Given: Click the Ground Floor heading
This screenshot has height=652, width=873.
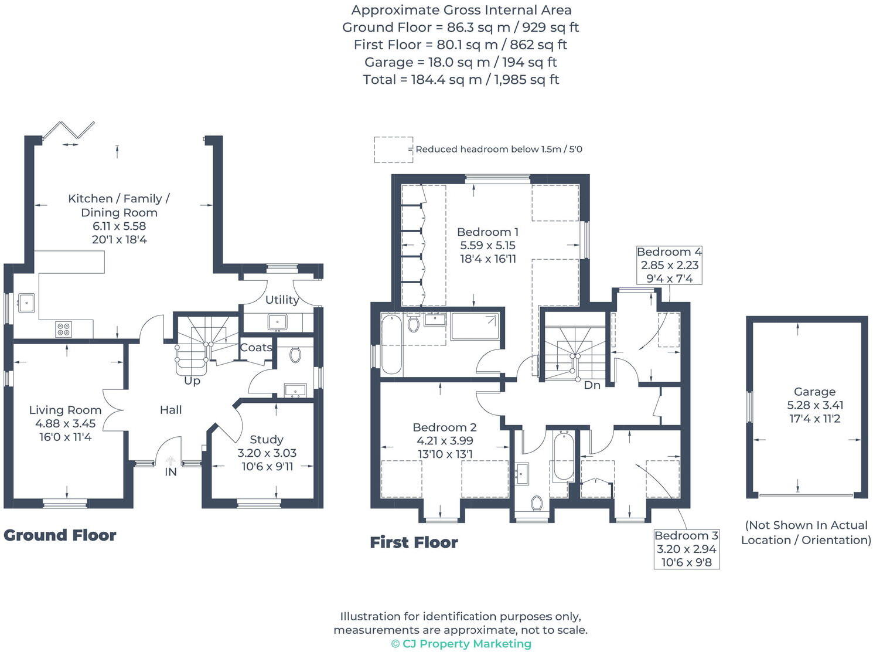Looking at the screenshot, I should pyautogui.click(x=60, y=535).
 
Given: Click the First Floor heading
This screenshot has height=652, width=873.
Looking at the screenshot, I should pyautogui.click(x=414, y=542).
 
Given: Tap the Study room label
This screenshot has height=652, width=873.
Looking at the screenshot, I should pyautogui.click(x=267, y=440).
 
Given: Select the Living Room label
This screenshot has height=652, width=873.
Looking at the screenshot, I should pyautogui.click(x=65, y=410).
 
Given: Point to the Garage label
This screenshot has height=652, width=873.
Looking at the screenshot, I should pyautogui.click(x=814, y=392).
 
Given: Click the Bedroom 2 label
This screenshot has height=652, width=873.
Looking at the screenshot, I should pyautogui.click(x=445, y=427).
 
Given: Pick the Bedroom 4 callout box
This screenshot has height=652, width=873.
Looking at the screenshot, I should pyautogui.click(x=669, y=265).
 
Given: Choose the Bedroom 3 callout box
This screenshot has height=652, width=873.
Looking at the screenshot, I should pyautogui.click(x=687, y=549).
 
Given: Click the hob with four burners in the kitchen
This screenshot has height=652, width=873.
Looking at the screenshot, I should pyautogui.click(x=64, y=330).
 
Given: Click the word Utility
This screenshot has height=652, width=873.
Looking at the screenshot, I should pyautogui.click(x=282, y=300).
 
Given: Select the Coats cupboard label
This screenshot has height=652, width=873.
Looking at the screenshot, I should pyautogui.click(x=256, y=348).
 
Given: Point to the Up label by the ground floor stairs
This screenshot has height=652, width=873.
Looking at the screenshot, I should pyautogui.click(x=192, y=381).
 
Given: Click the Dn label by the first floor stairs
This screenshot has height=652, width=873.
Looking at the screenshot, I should pyautogui.click(x=592, y=385).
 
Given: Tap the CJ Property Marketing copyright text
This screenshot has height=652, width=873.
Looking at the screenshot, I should pyautogui.click(x=461, y=644).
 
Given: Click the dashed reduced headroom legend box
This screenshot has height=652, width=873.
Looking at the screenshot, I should pyautogui.click(x=393, y=150).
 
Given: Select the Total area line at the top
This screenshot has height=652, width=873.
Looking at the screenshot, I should pyautogui.click(x=461, y=80).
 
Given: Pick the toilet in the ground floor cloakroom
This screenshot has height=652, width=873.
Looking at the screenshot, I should pyautogui.click(x=295, y=354).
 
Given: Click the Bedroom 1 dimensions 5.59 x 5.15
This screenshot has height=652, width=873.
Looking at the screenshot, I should pyautogui.click(x=487, y=246).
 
